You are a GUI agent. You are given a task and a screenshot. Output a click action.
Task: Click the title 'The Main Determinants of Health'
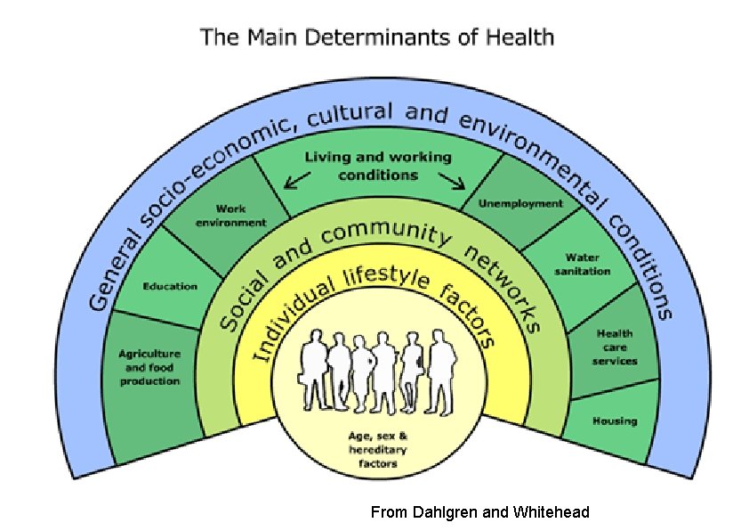click(x=376, y=37)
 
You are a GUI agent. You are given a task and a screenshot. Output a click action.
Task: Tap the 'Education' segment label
click(x=170, y=286)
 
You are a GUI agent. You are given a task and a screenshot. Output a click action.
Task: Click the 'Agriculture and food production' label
click(x=149, y=367)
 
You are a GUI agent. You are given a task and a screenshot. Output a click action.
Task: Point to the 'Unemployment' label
click(x=520, y=203)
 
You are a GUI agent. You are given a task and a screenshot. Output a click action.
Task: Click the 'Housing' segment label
click(x=615, y=421)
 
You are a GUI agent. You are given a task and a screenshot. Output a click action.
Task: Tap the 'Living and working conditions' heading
click(x=378, y=167)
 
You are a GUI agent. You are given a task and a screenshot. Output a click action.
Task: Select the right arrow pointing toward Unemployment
click(x=455, y=183)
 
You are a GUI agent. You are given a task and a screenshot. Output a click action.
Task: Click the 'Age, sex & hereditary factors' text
click(x=378, y=451)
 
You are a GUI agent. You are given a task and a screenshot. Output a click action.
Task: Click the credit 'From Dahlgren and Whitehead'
click(x=479, y=512)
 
